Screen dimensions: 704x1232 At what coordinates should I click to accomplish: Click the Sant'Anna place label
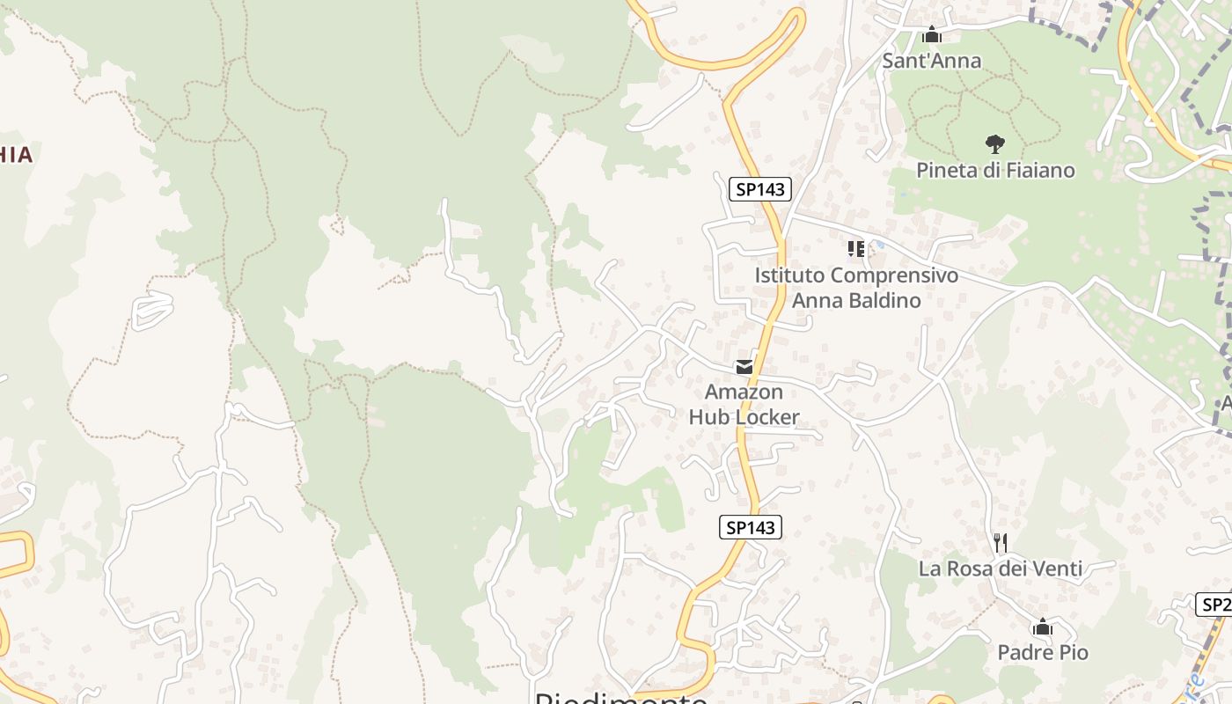coord(931,61)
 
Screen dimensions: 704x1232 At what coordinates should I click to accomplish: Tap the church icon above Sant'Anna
coord(931,36)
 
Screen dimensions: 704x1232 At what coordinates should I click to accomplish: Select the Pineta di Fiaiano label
coord(995,170)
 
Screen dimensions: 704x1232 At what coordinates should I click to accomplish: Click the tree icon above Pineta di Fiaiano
coord(995,143)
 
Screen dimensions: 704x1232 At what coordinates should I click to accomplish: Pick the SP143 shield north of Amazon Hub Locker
coord(760,188)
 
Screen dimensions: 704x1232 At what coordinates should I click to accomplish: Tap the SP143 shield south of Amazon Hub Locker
coord(750,527)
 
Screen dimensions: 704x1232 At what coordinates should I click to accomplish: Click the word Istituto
coord(789,275)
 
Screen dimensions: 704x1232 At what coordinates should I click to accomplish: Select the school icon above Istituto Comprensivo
coord(855,249)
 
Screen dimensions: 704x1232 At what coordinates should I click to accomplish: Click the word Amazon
coord(744,392)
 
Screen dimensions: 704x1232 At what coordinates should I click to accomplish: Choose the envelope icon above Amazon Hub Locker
coord(744,367)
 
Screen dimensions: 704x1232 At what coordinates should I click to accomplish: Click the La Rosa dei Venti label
coord(1001,568)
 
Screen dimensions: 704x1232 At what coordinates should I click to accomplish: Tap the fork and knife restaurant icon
coord(1000,542)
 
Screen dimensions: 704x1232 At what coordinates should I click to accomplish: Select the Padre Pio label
coord(1043,652)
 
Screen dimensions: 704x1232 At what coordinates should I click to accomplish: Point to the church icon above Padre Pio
coord(1043,627)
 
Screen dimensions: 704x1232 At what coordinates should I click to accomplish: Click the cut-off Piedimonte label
coord(621,698)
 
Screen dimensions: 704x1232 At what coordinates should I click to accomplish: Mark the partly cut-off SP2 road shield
coord(1214,605)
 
